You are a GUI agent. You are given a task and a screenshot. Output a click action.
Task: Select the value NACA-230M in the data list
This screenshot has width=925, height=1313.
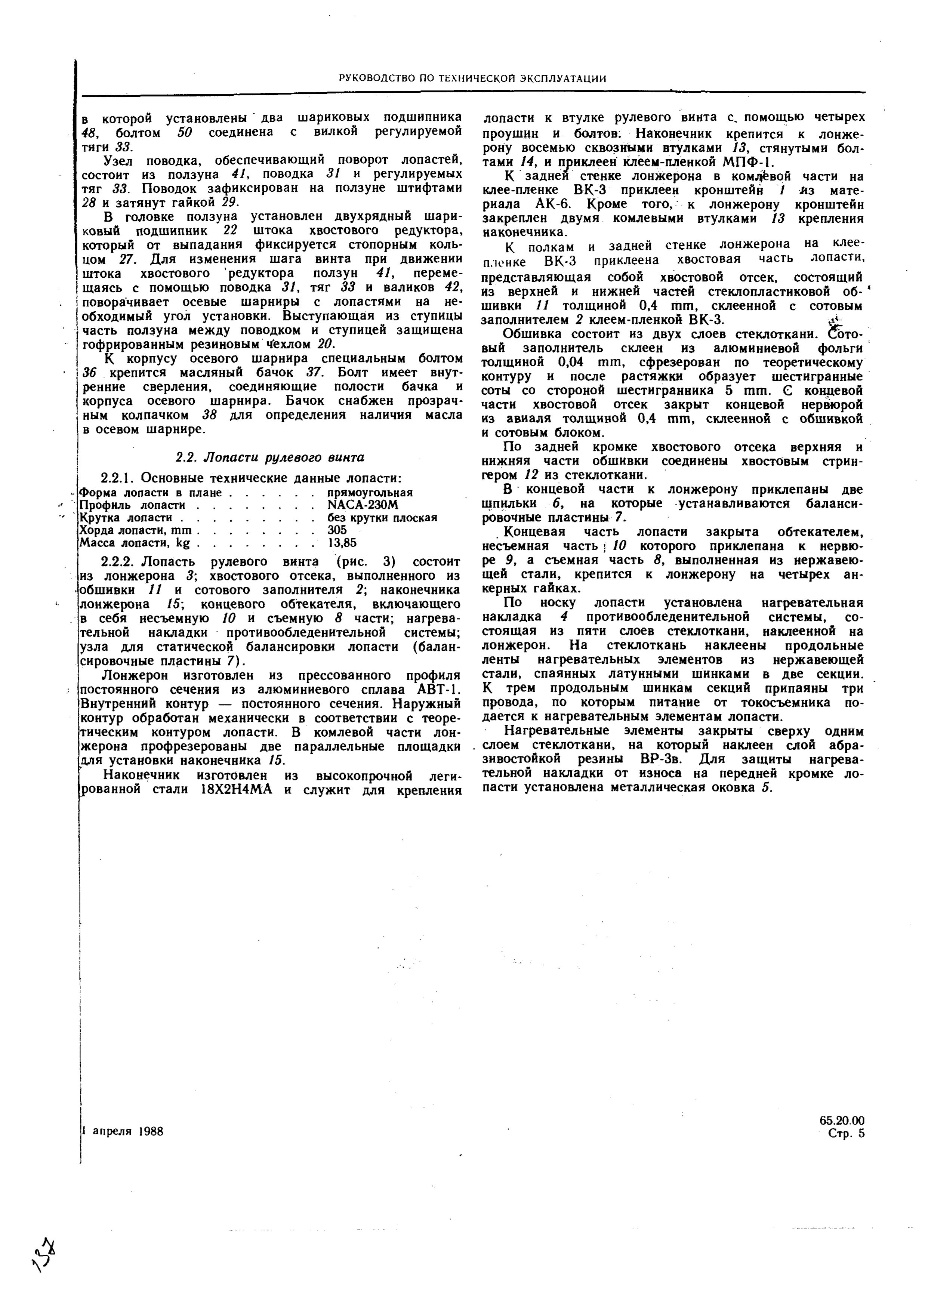[363, 505]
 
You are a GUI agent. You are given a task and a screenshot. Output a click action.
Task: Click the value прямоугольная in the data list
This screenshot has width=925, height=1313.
[370, 492]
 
